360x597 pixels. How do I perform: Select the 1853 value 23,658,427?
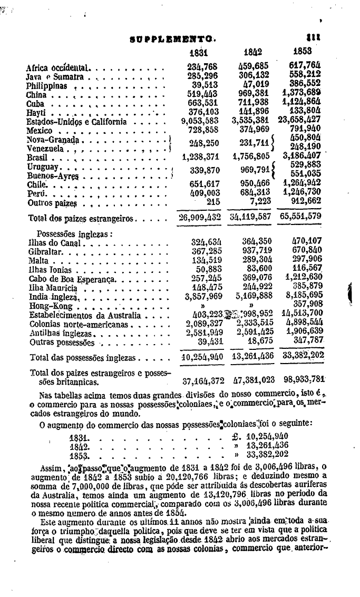pos(299,122)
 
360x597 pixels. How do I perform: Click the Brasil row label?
pos(37,158)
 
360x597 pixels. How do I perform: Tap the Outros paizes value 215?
pos(213,202)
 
